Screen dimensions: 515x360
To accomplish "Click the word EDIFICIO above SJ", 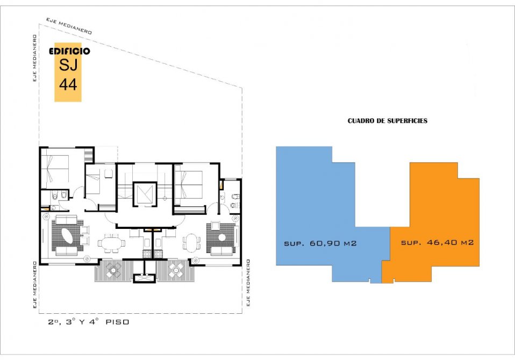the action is pyautogui.click(x=69, y=51).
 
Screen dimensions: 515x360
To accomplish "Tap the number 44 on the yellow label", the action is pyautogui.click(x=68, y=84).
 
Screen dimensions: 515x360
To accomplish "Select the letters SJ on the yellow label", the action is pyautogui.click(x=68, y=64).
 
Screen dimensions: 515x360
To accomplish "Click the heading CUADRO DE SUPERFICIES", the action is pyautogui.click(x=388, y=121).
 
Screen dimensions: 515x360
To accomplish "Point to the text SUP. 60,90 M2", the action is pyautogui.click(x=320, y=243).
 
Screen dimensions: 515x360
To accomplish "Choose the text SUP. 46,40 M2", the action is pyautogui.click(x=437, y=242).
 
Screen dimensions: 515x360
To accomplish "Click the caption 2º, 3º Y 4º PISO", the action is pyautogui.click(x=89, y=322).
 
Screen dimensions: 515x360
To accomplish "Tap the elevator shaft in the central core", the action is pyautogui.click(x=145, y=195).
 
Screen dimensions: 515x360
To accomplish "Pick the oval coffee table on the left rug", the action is pyautogui.click(x=68, y=236).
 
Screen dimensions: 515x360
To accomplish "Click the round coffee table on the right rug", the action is pyautogui.click(x=222, y=237).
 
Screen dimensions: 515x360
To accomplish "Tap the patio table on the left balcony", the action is pyautogui.click(x=113, y=270).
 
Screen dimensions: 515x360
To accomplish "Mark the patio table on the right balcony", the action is pyautogui.click(x=176, y=270).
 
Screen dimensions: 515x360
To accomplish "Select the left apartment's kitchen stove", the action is pyautogui.click(x=147, y=254).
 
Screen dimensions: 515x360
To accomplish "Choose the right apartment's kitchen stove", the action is pyautogui.click(x=158, y=254).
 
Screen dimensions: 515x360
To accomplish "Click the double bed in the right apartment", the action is pyautogui.click(x=189, y=184).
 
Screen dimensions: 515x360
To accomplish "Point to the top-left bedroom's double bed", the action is pyautogui.click(x=55, y=168).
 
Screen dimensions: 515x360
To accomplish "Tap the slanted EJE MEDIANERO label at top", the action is pyautogui.click(x=69, y=26).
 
